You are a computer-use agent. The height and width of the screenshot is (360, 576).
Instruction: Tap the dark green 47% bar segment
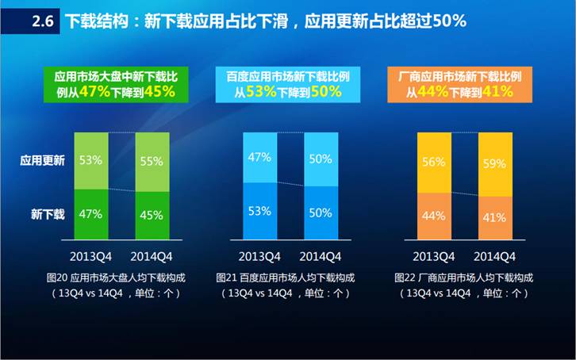pyautogui.click(x=90, y=215)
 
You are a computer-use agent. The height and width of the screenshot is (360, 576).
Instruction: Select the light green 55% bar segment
pyautogui.click(x=152, y=161)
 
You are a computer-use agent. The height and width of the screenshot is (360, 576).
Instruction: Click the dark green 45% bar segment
pyautogui.click(x=152, y=216)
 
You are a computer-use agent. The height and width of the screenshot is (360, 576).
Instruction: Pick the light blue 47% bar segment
pyautogui.click(x=259, y=158)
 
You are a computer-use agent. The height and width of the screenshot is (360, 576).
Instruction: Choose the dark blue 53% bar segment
pyautogui.click(x=259, y=212)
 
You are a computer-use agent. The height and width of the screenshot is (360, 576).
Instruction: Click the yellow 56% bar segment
pyautogui.click(x=433, y=163)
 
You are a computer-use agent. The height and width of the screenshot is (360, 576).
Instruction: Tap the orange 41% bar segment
pyautogui.click(x=494, y=218)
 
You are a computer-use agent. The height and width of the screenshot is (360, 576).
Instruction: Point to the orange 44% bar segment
pyautogui.click(x=433, y=216)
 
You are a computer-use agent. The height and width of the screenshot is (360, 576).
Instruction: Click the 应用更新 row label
pyautogui.click(x=42, y=161)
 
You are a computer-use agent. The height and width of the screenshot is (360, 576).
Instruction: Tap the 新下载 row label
pyautogui.click(x=48, y=214)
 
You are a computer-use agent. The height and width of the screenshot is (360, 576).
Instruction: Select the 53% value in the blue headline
pyautogui.click(x=261, y=92)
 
